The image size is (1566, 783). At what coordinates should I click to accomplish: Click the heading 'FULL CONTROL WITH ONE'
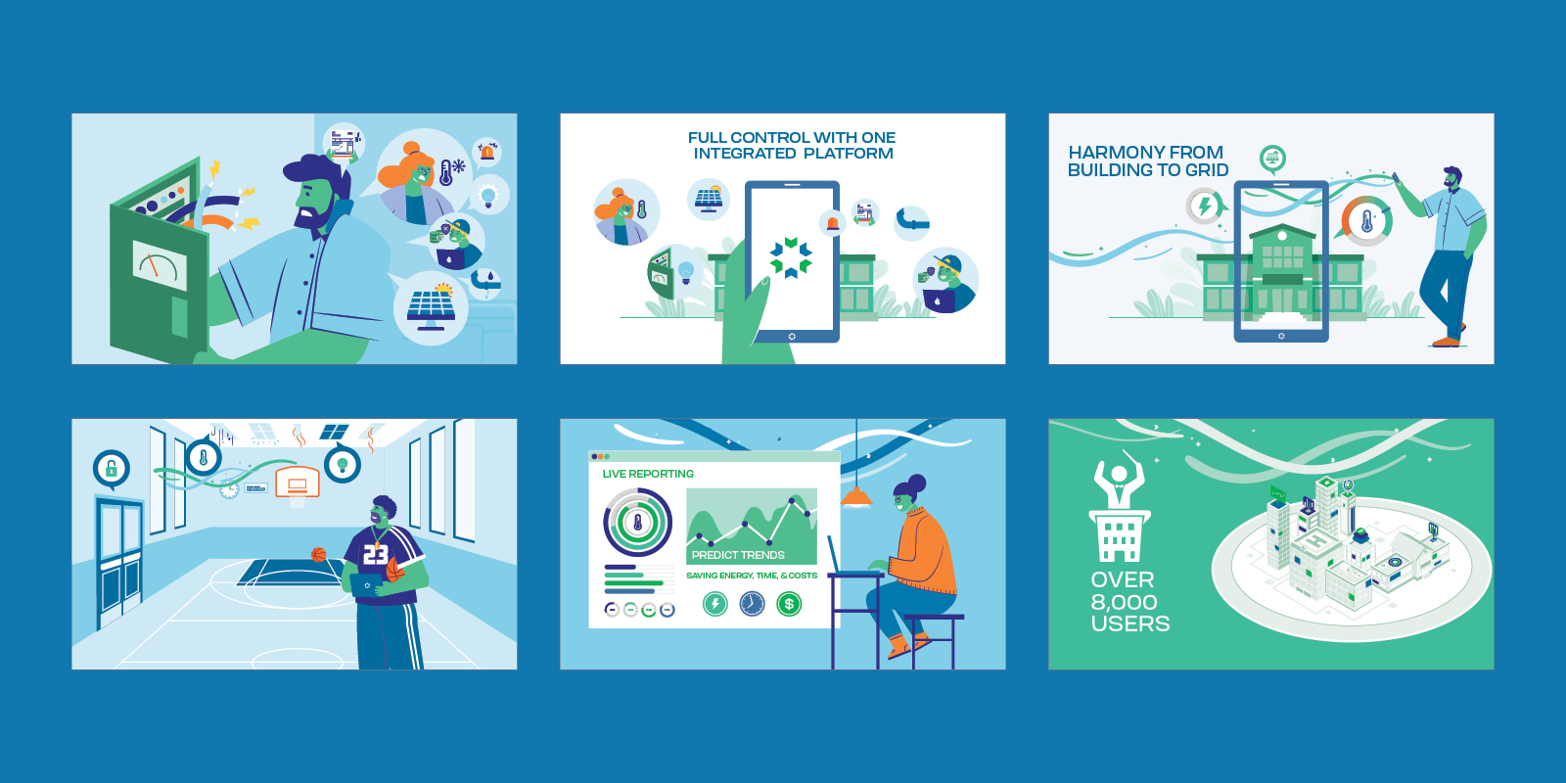pos(791,138)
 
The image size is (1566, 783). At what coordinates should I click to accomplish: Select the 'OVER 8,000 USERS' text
pos(1128,602)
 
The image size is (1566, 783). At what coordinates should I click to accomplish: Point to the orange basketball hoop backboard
pos(298,483)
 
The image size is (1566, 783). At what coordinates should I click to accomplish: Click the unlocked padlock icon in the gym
pos(112,469)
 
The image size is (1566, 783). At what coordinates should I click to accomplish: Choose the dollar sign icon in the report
pos(789,604)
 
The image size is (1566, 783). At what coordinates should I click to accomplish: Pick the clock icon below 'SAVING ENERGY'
pos(752,604)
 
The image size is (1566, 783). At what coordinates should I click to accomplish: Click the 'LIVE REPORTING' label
pos(648,474)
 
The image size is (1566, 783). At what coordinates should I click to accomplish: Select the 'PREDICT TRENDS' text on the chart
pos(738,555)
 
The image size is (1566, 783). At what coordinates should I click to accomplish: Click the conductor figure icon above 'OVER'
pos(1118,480)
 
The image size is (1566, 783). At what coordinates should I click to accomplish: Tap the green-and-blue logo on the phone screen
pos(791,256)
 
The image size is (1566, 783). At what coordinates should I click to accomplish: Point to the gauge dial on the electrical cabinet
pos(160,266)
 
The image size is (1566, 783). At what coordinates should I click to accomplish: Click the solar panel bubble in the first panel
pos(431,308)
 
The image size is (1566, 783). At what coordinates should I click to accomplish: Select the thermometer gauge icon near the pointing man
pos(1366,220)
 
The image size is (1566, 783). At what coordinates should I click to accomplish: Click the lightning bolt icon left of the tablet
pos(1205,206)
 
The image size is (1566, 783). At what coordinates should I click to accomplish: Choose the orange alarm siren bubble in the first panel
pos(486,152)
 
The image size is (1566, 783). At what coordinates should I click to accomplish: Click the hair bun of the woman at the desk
pos(917,482)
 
